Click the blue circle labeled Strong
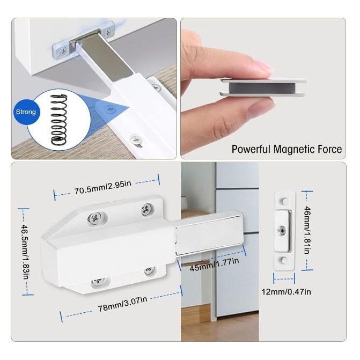click(x=25, y=112)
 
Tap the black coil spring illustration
click(x=59, y=120)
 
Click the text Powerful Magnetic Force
click(x=286, y=149)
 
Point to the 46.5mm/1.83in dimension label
click(x=25, y=252)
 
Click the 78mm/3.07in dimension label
click(x=123, y=304)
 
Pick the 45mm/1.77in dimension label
click(x=215, y=264)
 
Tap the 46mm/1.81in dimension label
click(x=307, y=230)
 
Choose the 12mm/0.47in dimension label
click(x=286, y=292)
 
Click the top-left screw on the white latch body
click(x=94, y=218)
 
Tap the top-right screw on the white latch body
click(x=147, y=209)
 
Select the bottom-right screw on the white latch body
click(x=150, y=270)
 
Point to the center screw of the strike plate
click(x=282, y=230)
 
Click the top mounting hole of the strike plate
click(x=284, y=201)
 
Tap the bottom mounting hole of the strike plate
click(x=284, y=260)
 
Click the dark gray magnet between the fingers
click(x=262, y=87)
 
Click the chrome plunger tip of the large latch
click(x=209, y=238)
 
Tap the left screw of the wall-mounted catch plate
click(x=62, y=52)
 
